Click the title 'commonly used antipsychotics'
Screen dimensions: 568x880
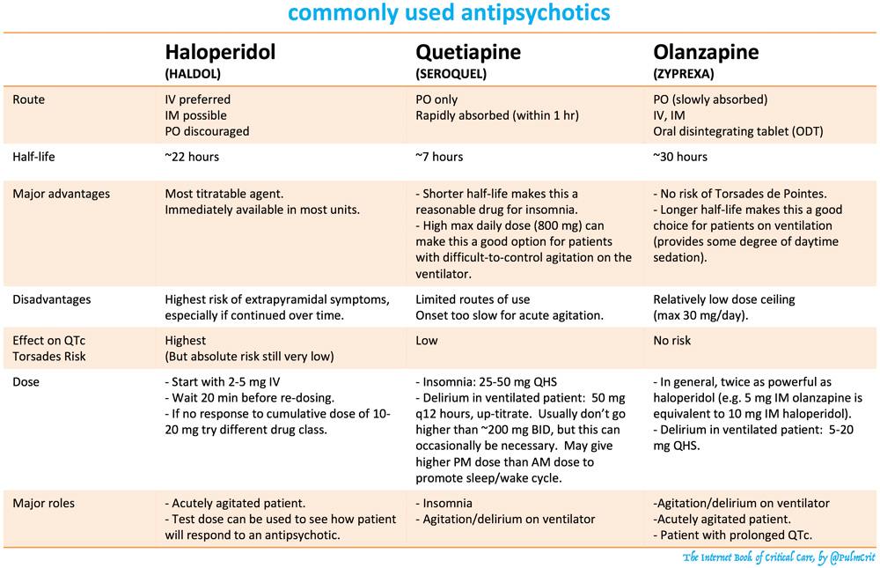(449, 14)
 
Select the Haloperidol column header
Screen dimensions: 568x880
(220, 52)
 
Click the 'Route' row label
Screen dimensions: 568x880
(28, 100)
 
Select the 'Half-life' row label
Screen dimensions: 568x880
(34, 157)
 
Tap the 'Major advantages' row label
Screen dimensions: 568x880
(56, 194)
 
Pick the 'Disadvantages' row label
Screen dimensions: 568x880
(50, 299)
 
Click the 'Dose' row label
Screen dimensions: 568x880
(26, 383)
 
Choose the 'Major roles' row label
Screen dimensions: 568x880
(43, 504)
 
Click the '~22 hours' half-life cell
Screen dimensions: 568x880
(192, 157)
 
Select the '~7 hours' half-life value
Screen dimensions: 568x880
(439, 157)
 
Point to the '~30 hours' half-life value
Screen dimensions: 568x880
(680, 157)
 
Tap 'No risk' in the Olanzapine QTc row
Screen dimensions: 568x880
(672, 340)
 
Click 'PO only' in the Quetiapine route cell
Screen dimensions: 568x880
(436, 100)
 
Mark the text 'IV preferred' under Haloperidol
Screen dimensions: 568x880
(198, 100)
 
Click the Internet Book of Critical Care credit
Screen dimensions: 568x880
(778, 557)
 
